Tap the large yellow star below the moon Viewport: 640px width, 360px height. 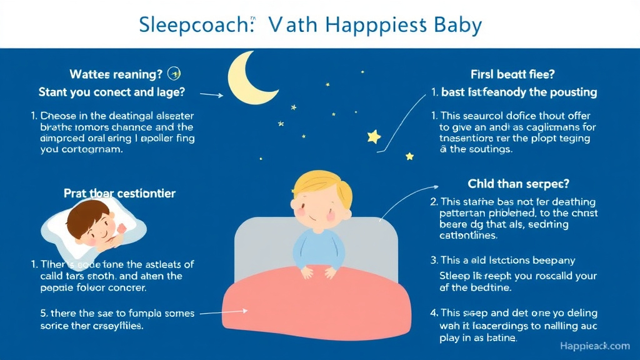[x=374, y=136]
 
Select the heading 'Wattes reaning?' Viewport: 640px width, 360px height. [x=116, y=74]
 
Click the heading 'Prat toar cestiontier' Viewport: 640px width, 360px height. [x=119, y=193]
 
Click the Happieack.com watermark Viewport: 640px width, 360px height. [x=594, y=346]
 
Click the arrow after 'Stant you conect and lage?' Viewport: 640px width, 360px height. [x=211, y=95]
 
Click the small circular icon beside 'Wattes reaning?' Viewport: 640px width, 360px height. [x=176, y=74]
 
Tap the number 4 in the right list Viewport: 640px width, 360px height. [x=434, y=312]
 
